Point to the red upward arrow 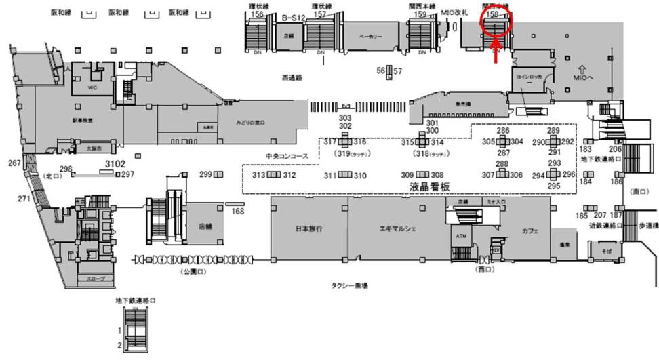(x=496, y=53)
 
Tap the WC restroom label (x=94, y=88)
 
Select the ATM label (x=462, y=236)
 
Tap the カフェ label (x=530, y=231)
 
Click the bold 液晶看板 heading (x=430, y=186)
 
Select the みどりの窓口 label (x=250, y=122)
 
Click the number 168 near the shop (x=237, y=211)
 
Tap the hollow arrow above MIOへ (x=581, y=68)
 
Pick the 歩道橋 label (x=647, y=225)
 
